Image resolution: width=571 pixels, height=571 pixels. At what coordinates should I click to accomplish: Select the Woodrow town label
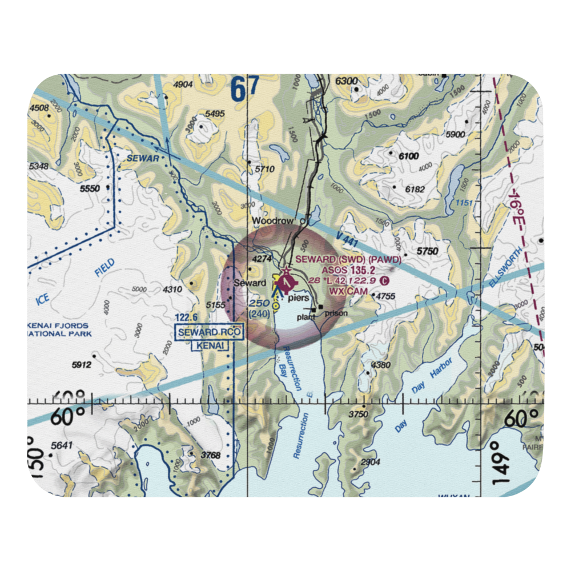pyautogui.click(x=274, y=221)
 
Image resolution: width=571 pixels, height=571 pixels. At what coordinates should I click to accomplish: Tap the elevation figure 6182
pyautogui.click(x=415, y=189)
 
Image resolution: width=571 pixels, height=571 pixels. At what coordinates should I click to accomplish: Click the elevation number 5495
pyautogui.click(x=215, y=114)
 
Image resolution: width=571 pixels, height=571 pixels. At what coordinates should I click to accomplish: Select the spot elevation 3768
pyautogui.click(x=211, y=455)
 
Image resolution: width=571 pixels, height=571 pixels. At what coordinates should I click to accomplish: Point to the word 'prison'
pyautogui.click(x=336, y=313)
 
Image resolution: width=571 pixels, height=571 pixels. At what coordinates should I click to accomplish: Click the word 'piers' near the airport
pyautogui.click(x=299, y=298)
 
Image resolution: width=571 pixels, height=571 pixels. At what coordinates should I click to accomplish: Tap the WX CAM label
pyautogui.click(x=348, y=291)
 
